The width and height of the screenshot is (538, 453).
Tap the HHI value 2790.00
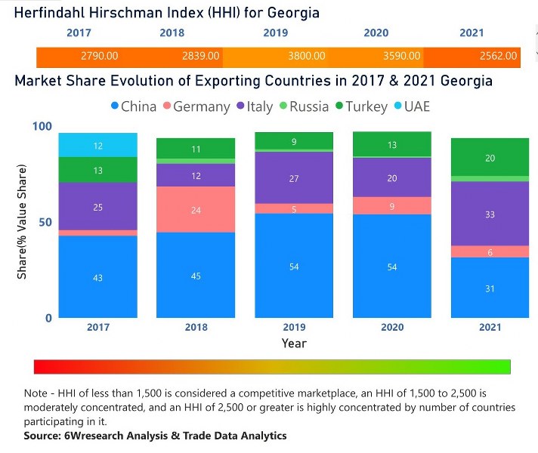97,56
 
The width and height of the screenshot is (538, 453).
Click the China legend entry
132,106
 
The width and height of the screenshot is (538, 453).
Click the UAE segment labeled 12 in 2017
98,145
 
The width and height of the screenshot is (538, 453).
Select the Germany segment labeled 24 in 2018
196,210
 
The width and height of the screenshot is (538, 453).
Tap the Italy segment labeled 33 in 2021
489,214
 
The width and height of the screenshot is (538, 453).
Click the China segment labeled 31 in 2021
489,288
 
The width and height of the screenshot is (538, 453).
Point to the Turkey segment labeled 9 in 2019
294,140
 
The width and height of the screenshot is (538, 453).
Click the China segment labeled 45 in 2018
196,276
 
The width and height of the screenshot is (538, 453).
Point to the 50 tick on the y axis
46,222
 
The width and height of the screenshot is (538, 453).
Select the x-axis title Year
294,344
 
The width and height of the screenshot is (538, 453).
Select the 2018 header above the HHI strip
172,33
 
